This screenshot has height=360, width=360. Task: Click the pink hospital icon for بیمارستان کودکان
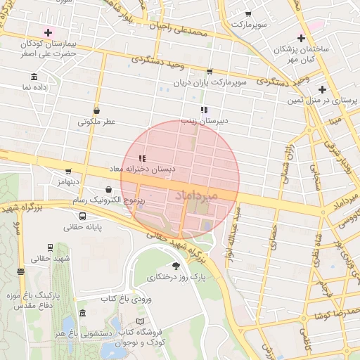click(x=48, y=32)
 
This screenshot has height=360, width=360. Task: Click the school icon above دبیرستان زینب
click(x=204, y=110)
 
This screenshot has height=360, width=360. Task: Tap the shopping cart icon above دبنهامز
click(x=68, y=171)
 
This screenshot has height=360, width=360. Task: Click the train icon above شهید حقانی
click(x=50, y=247)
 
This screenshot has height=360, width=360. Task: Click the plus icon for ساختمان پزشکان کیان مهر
click(x=302, y=38)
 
